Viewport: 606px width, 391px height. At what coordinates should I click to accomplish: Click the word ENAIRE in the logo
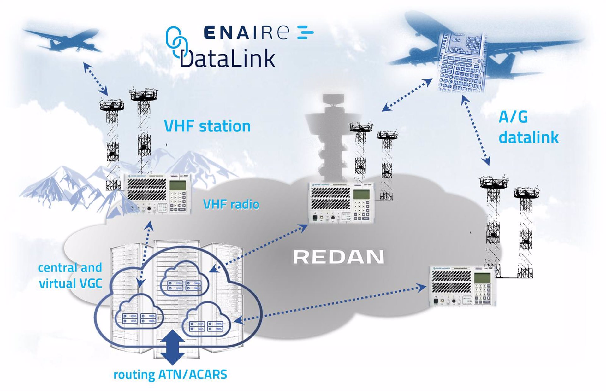pyautogui.click(x=246, y=32)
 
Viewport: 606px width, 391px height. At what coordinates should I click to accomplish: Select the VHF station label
pyautogui.click(x=207, y=126)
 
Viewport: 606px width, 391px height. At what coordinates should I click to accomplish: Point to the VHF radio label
pyautogui.click(x=231, y=204)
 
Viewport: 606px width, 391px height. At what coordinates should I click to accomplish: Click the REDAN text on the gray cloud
pyautogui.click(x=339, y=257)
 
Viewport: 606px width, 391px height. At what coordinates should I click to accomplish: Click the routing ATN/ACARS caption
pyautogui.click(x=170, y=375)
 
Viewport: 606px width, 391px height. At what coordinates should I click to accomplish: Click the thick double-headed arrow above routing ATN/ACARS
pyautogui.click(x=173, y=347)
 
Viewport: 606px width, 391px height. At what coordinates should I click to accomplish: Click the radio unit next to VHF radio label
pyautogui.click(x=158, y=194)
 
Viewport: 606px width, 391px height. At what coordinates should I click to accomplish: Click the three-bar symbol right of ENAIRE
pyautogui.click(x=305, y=32)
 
